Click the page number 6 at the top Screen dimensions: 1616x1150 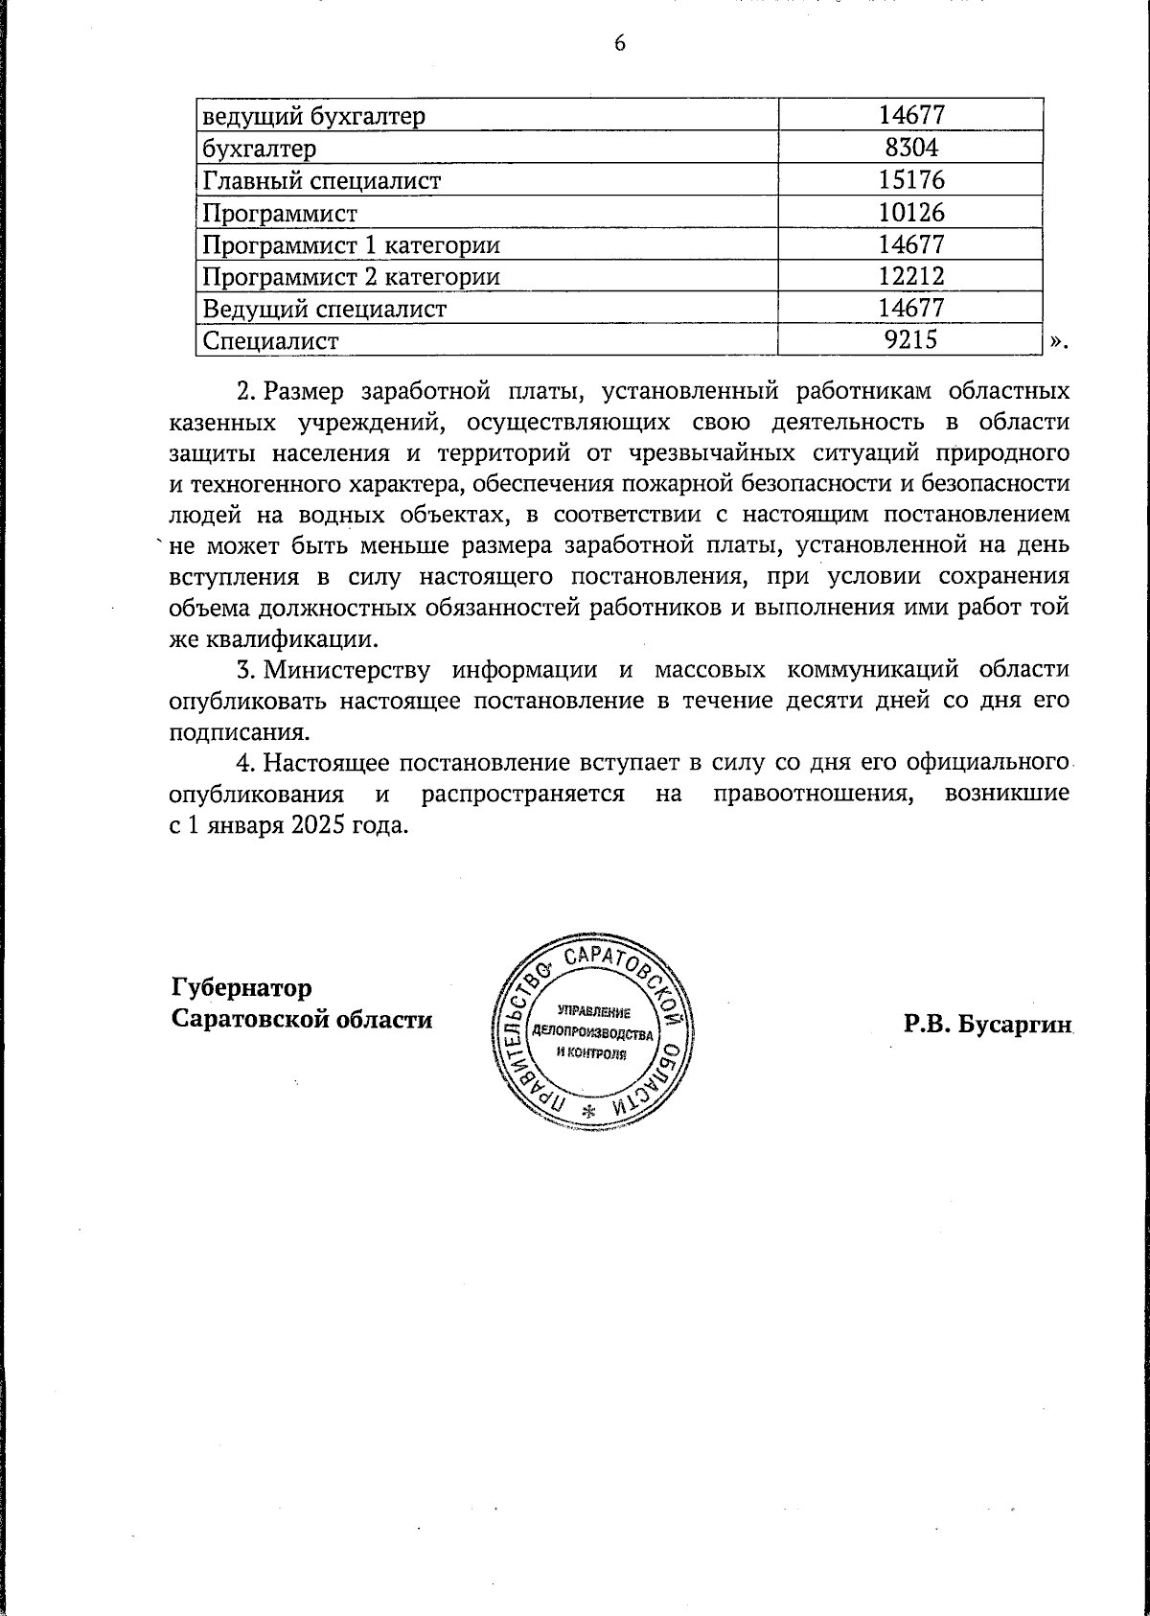click(619, 44)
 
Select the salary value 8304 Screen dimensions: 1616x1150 click(911, 148)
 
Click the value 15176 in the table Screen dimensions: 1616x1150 click(911, 180)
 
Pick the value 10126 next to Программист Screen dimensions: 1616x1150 click(911, 212)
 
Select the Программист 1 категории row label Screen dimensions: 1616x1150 click(351, 244)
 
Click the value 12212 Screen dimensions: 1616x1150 click(911, 277)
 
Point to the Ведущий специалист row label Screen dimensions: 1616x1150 click(324, 309)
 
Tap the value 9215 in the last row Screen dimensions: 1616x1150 click(911, 340)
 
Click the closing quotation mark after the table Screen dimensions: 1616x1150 click(1055, 341)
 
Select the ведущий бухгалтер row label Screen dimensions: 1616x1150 click(312, 116)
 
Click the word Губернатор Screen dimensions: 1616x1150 click(241, 987)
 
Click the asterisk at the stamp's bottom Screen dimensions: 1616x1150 click(589, 1111)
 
